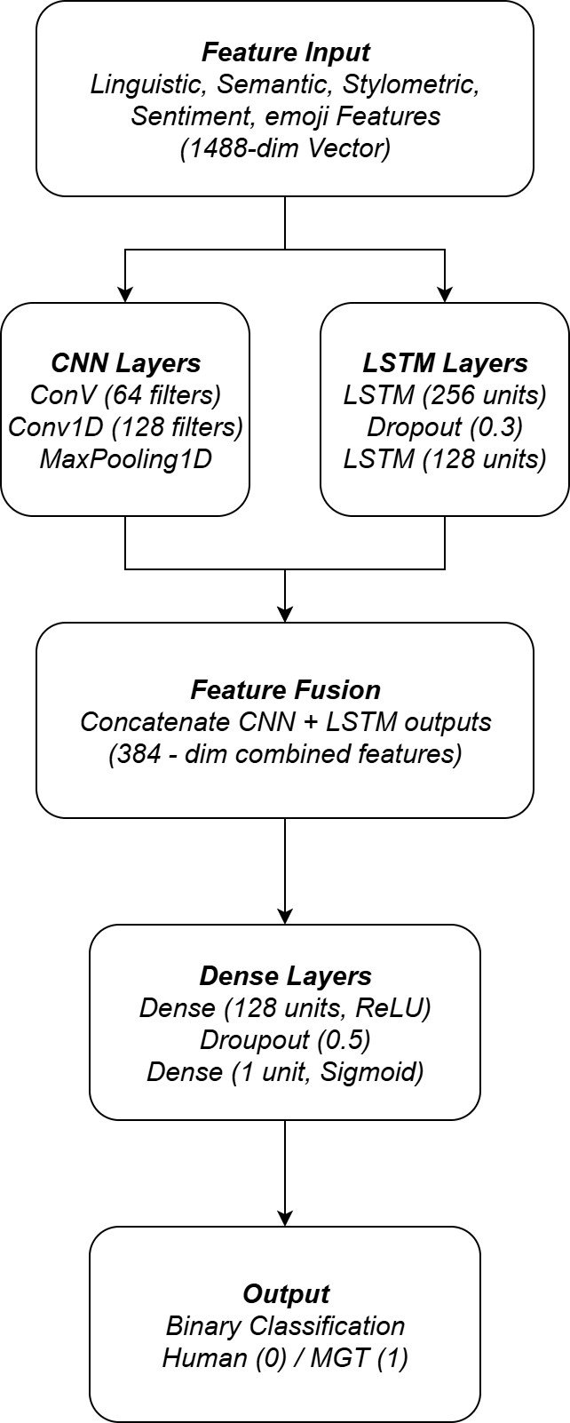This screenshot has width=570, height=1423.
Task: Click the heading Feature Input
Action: (x=285, y=52)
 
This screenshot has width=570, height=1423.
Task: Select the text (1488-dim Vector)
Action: (x=285, y=147)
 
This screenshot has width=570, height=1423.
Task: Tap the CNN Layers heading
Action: (x=125, y=363)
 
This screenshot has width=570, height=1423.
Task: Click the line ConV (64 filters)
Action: (x=125, y=395)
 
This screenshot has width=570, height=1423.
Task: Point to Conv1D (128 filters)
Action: (x=125, y=427)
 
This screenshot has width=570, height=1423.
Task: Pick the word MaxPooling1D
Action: (x=125, y=459)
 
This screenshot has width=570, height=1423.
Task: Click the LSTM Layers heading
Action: (x=445, y=363)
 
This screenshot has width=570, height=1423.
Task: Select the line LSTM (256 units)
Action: (x=445, y=395)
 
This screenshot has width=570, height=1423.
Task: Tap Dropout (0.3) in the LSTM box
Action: (x=445, y=427)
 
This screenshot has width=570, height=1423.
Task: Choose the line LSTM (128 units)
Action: (x=445, y=459)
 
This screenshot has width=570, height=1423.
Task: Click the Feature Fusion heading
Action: (x=285, y=690)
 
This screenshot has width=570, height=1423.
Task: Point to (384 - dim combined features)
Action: (x=285, y=754)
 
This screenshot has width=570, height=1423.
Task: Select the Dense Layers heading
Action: (x=285, y=976)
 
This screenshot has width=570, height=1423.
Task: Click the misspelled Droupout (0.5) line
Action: (x=285, y=1040)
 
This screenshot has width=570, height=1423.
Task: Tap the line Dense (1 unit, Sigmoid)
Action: (x=285, y=1072)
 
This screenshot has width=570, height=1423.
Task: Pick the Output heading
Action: (x=285, y=1294)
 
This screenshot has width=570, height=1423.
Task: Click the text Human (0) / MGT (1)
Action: (x=285, y=1358)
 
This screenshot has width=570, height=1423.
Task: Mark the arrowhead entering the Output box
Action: (x=285, y=1218)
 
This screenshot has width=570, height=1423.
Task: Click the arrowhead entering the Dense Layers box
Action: (x=285, y=916)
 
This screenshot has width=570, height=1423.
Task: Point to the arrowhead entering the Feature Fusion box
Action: (x=285, y=614)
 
